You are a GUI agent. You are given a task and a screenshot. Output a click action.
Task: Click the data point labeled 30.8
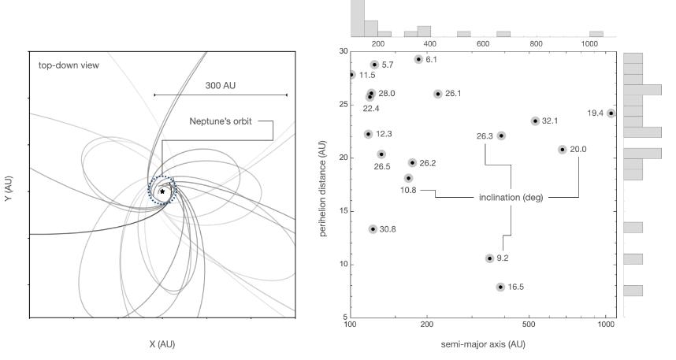[x=373, y=229]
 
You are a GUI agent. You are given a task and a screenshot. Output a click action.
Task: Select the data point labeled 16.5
[x=500, y=288]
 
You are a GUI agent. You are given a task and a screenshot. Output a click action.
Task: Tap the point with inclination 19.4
[x=611, y=113]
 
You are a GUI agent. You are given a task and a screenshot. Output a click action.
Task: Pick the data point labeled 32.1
[x=535, y=121]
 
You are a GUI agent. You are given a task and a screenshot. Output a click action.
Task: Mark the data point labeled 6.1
[x=418, y=59]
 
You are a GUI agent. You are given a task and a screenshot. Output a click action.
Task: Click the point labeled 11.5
[x=351, y=75]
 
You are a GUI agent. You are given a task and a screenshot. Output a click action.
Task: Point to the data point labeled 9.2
[x=489, y=258]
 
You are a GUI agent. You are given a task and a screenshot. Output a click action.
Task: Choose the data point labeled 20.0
[x=563, y=150]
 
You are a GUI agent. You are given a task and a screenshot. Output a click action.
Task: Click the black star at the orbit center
[x=162, y=191]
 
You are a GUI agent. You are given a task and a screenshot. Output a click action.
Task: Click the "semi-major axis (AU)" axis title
[x=479, y=345]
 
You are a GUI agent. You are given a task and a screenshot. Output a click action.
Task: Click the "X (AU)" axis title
[x=162, y=345]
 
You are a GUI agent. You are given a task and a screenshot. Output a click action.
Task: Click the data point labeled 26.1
[x=438, y=94]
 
